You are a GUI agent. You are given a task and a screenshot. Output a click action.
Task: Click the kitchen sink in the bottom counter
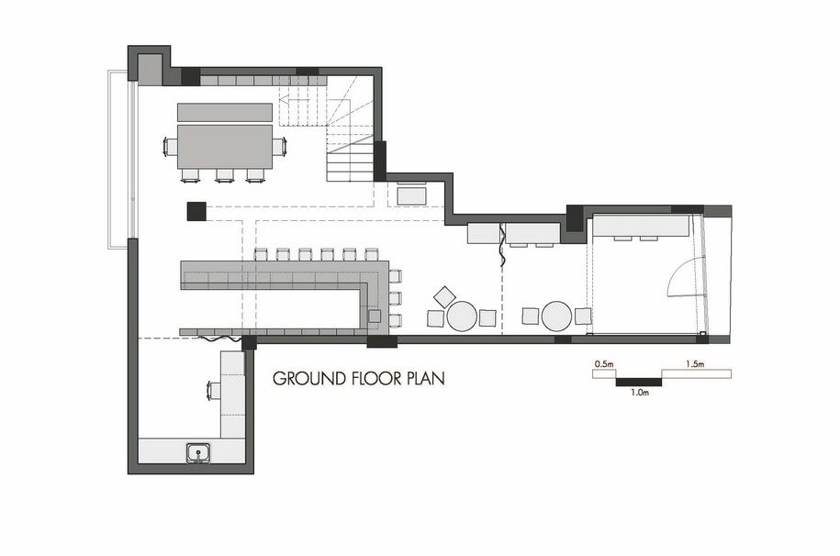198,452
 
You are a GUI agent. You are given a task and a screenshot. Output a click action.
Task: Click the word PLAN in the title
426,379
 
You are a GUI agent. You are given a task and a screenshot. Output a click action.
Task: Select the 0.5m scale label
604,364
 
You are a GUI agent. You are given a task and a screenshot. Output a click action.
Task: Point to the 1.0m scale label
640,392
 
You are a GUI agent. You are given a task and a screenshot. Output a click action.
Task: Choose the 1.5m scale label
695,364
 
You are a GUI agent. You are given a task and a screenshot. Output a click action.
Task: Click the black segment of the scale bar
639,382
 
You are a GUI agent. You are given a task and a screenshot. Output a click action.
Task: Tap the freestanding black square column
196,211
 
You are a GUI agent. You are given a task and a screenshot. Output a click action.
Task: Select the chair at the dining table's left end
171,146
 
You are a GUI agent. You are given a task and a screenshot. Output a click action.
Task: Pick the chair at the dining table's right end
279,146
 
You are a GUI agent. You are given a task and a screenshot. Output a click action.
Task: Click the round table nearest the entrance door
556,317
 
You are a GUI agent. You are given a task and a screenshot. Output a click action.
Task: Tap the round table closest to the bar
462,317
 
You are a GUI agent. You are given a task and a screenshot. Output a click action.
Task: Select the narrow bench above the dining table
225,113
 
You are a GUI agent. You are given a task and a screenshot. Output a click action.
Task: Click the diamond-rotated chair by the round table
444,296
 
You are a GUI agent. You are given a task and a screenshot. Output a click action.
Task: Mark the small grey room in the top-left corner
150,69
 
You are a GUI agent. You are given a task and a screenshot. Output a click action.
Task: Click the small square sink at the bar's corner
375,316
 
